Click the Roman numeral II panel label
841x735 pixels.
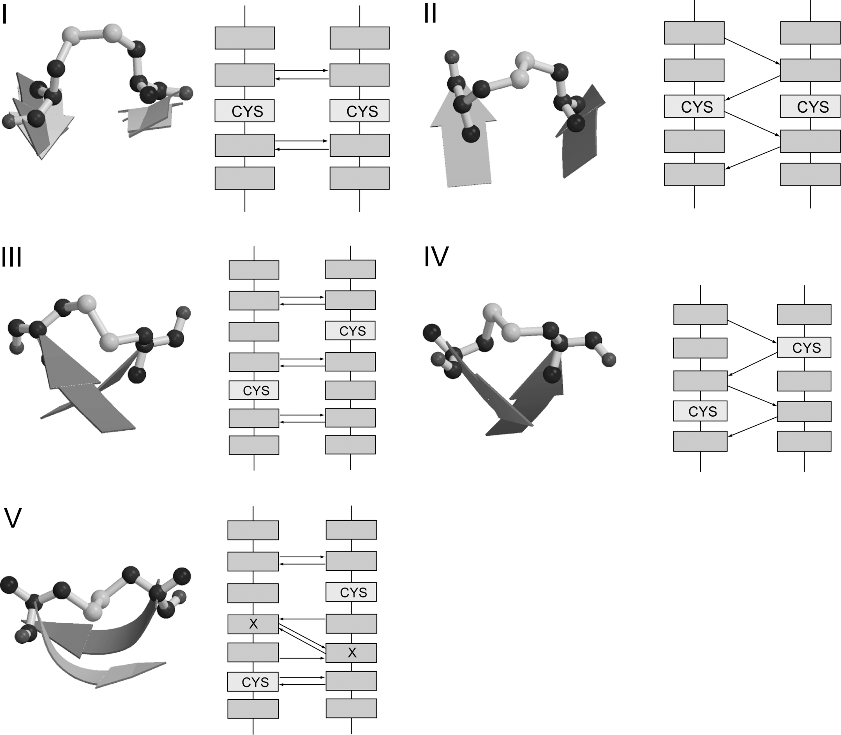(x=430, y=15)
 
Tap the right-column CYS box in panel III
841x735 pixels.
(x=350, y=331)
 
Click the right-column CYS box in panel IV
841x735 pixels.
(x=804, y=347)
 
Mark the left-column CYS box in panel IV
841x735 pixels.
(x=700, y=411)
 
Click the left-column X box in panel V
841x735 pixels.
(x=253, y=624)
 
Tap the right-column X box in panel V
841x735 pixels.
(x=352, y=653)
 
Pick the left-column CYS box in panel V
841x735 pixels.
(x=253, y=682)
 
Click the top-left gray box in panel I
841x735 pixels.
(x=244, y=38)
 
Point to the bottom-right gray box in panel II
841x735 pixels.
(x=810, y=174)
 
